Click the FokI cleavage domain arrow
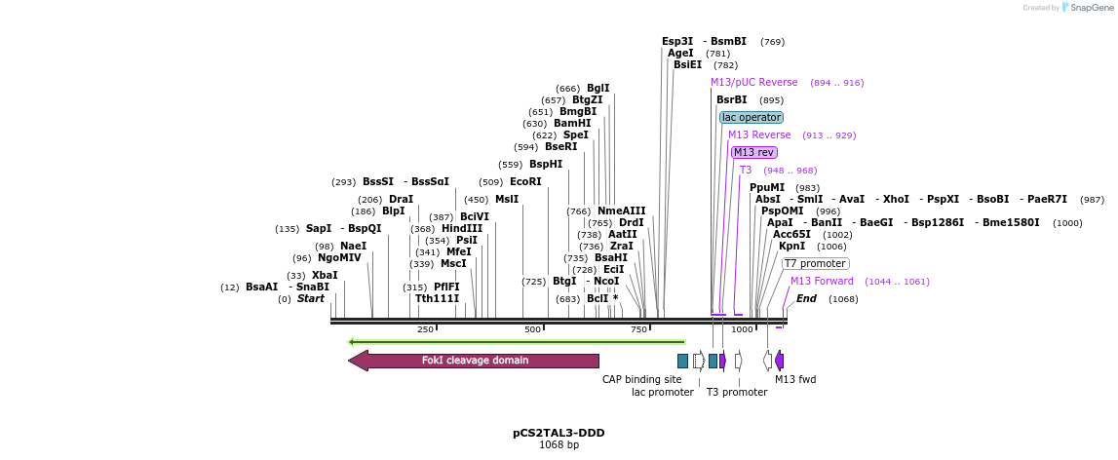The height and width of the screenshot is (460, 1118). [474, 361]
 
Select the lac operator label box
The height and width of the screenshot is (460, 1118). [752, 117]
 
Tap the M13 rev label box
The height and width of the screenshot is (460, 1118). [754, 152]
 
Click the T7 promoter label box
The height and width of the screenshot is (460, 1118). [816, 263]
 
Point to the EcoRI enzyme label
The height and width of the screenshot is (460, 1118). [525, 181]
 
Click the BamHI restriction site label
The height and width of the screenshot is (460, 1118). [572, 124]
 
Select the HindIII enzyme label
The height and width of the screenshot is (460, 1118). [462, 229]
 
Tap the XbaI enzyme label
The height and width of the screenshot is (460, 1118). [325, 276]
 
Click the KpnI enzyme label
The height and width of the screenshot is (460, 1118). [791, 247]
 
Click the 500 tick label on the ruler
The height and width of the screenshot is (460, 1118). [532, 329]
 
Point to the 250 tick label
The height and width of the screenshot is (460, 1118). [425, 329]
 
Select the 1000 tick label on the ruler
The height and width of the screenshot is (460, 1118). [742, 329]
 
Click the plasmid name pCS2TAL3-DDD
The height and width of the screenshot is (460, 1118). [559, 433]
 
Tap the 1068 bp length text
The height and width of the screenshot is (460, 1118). [559, 445]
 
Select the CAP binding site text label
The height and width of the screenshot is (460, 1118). [641, 379]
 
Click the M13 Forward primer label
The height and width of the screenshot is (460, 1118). [822, 281]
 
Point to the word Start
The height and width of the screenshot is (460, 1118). [311, 298]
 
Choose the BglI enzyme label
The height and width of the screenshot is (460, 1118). [598, 88]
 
